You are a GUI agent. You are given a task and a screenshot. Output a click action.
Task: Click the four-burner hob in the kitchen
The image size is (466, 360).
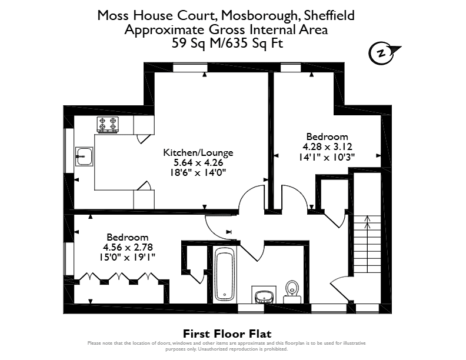click(x=108, y=125)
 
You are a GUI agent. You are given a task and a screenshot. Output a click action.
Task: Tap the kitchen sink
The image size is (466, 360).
click(x=84, y=156)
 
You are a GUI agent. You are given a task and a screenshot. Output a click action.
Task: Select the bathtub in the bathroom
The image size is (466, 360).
click(x=225, y=275)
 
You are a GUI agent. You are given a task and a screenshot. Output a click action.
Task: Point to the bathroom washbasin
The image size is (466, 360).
click(x=264, y=296)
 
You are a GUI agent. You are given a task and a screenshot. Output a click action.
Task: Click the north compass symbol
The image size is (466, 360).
click(x=384, y=54)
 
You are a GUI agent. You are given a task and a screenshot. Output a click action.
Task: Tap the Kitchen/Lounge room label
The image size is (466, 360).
click(x=198, y=153)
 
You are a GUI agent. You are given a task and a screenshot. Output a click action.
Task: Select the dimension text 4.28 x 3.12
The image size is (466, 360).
click(x=327, y=146)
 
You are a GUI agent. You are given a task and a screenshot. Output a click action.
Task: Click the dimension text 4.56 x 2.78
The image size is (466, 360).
click(x=128, y=247)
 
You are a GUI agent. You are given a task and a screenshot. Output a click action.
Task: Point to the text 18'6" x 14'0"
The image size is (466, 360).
click(x=198, y=172)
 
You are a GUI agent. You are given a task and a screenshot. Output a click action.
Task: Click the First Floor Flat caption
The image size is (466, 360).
click(x=227, y=334)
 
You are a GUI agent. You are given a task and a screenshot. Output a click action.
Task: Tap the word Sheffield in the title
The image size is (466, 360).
click(x=329, y=15)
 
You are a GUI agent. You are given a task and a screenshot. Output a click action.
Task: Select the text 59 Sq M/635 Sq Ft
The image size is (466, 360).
click(x=227, y=44)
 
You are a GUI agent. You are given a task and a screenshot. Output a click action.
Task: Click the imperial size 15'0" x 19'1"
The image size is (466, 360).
click(x=128, y=257)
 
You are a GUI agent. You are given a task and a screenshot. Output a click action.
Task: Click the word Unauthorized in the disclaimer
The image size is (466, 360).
click(x=212, y=349)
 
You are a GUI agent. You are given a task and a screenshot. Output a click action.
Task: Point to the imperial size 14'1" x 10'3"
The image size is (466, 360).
click(x=327, y=156)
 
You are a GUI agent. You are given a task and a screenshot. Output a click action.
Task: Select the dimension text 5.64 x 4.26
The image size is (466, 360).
click(x=198, y=163)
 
